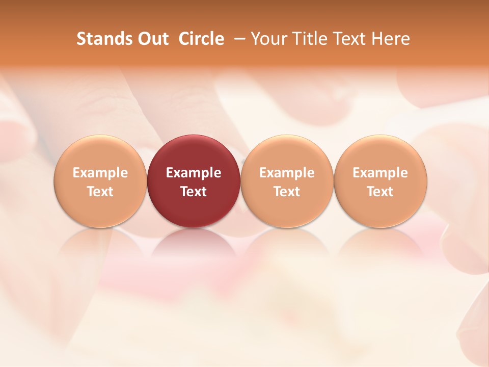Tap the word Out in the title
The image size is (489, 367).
click(152, 39)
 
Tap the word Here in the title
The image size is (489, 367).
click(390, 39)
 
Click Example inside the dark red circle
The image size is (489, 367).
click(194, 173)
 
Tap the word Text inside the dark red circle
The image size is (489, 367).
click(194, 192)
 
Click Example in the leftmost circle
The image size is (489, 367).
click(100, 173)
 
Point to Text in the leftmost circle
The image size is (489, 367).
click(100, 192)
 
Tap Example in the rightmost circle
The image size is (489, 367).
click(381, 173)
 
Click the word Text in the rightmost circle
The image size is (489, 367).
click(381, 192)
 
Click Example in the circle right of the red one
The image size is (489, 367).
click(287, 173)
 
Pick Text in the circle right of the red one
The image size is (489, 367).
click(287, 192)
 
